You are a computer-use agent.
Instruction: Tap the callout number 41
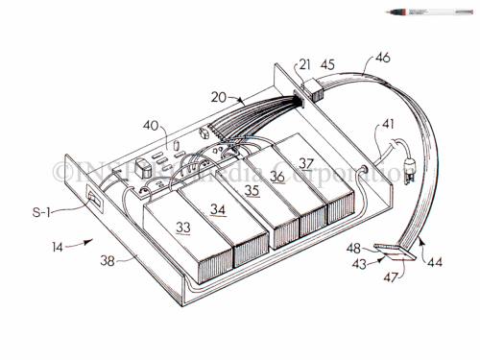click(x=389, y=123)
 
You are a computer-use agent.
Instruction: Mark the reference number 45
click(x=326, y=65)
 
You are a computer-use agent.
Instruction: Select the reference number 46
click(x=382, y=59)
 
